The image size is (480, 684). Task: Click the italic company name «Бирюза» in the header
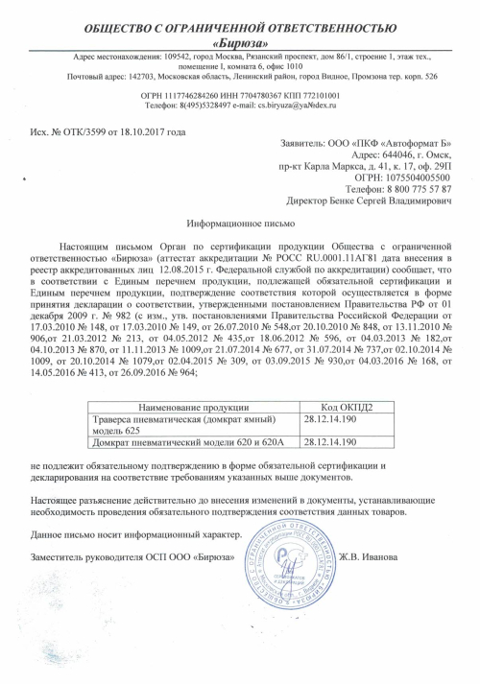click(x=239, y=43)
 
